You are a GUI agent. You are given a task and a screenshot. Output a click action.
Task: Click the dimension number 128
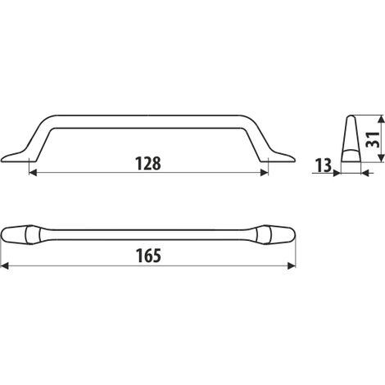pos(148,164)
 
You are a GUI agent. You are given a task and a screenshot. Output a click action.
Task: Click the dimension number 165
pos(148,256)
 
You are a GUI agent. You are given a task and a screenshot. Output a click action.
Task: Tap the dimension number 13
pos(324,165)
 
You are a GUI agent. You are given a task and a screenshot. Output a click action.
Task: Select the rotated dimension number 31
pos(373,139)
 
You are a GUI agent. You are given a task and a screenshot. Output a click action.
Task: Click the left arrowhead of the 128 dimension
pos(33,173)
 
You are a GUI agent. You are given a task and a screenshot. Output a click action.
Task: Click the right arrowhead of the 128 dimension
pos(265,173)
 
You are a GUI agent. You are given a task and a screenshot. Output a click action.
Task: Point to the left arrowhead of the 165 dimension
pos(5,265)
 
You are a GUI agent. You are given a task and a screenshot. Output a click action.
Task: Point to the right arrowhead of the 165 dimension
pos(292,265)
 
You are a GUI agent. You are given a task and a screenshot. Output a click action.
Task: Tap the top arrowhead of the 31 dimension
pos(381,120)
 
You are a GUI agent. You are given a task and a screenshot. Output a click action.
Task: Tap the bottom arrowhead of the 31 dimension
pos(381,157)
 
